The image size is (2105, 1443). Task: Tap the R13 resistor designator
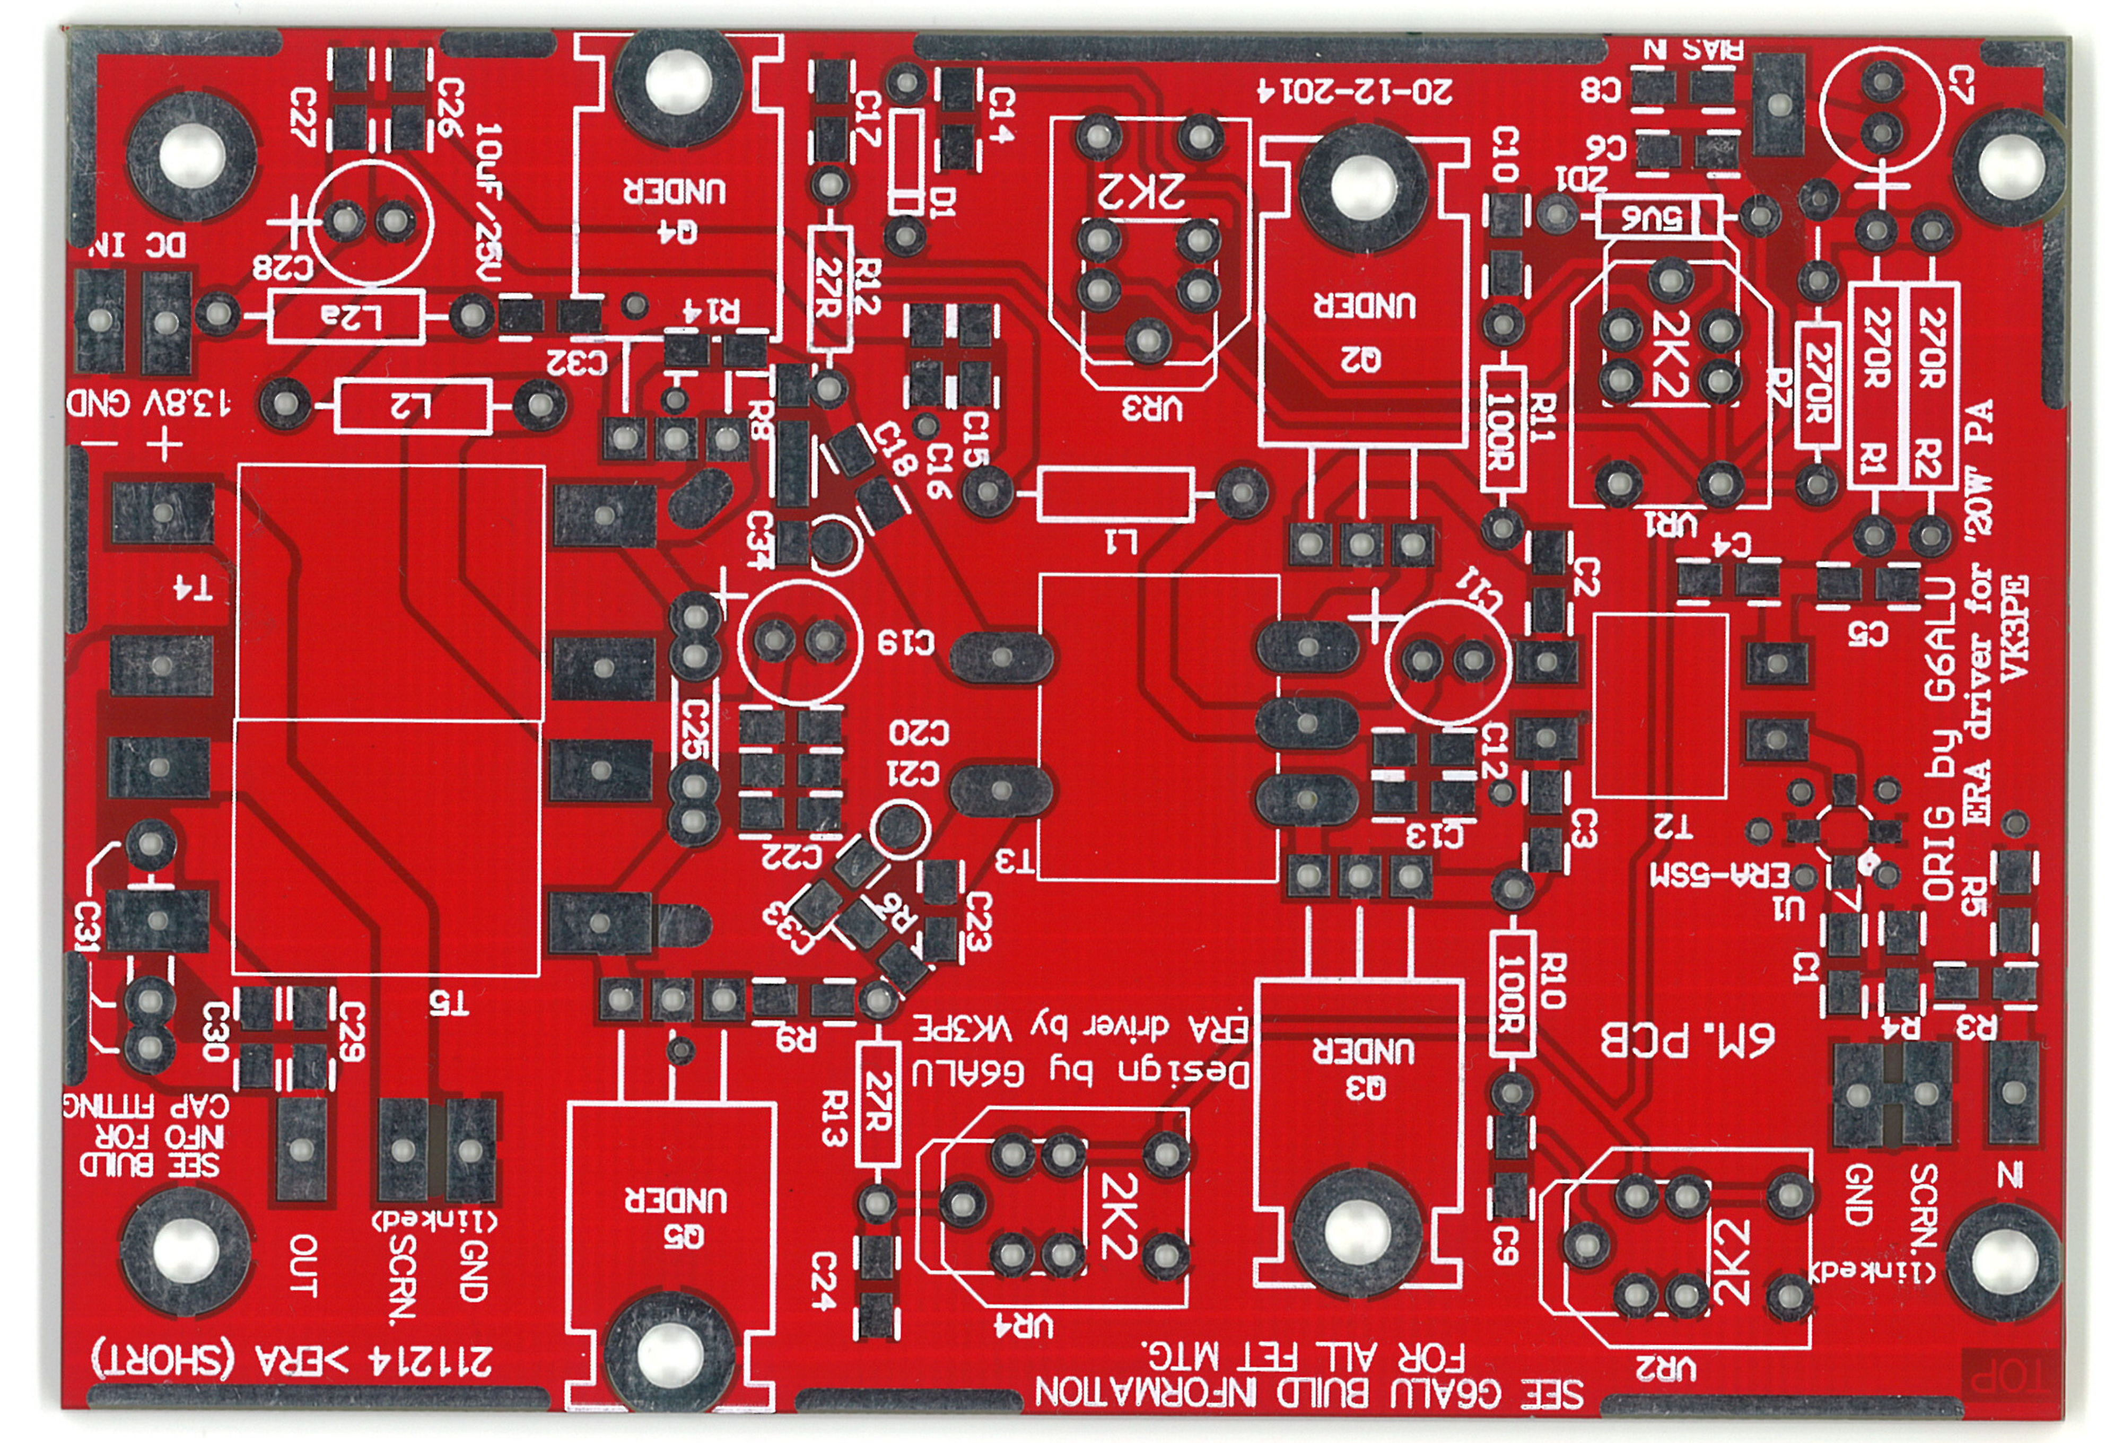tap(833, 1119)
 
